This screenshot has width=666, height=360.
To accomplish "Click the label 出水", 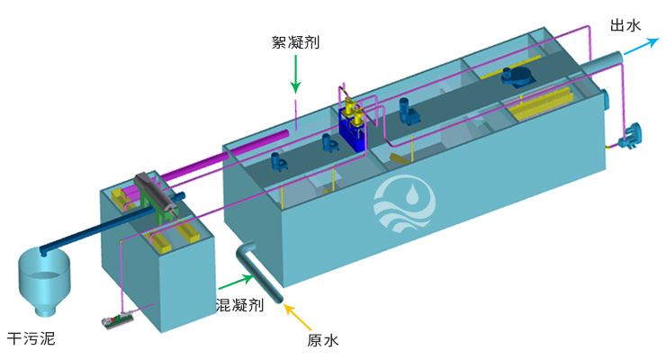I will pos(624,25).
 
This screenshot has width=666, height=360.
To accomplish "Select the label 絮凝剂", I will pos(295,42).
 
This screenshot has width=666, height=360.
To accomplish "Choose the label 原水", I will pos(322,339).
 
